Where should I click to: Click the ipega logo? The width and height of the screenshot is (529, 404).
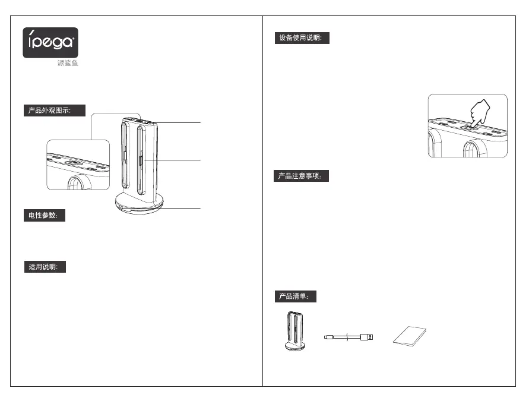50,42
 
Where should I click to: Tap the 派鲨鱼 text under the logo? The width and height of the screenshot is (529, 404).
68,64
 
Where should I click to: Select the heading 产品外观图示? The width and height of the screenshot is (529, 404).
54,111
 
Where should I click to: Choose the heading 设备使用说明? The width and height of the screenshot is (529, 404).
300,38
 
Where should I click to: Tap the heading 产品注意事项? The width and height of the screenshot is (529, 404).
300,176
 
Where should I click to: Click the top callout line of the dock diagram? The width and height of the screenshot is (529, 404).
181,122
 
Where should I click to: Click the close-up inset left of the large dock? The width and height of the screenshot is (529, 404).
78,165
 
